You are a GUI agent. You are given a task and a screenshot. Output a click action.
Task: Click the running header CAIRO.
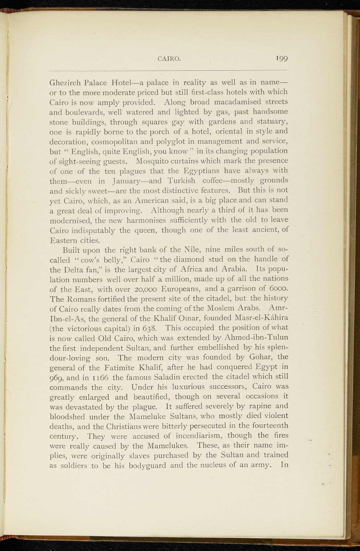(169, 59)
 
